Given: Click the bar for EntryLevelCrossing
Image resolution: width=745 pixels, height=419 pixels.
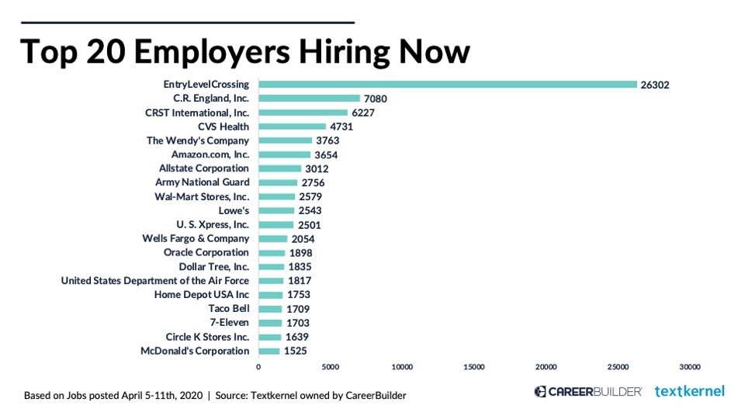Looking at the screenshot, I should click(448, 84).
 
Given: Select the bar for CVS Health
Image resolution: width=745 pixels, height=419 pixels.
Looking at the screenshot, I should click(293, 126).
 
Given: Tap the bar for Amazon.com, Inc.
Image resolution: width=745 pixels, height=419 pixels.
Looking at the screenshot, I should click(285, 154).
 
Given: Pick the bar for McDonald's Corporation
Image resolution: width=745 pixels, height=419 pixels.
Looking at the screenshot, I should click(269, 351).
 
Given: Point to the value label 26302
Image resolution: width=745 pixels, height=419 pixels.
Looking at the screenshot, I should click(655, 85).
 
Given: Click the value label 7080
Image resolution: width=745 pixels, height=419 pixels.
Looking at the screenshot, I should click(375, 99).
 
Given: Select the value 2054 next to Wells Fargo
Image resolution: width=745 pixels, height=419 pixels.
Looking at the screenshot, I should click(303, 239).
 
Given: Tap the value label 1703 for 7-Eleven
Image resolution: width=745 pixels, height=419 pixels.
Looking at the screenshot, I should click(297, 323).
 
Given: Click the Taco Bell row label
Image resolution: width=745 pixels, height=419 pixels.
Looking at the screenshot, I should click(229, 309).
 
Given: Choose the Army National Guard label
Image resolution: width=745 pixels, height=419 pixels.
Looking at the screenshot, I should click(203, 182).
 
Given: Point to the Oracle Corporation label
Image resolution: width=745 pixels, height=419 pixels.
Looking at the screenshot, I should click(206, 253).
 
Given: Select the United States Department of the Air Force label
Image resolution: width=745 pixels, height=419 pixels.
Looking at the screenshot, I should click(155, 281).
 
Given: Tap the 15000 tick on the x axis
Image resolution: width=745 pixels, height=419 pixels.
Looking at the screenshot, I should click(474, 366).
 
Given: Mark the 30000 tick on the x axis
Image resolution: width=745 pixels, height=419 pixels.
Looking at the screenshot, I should click(690, 366).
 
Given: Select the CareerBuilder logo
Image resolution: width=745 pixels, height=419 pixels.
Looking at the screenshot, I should click(587, 391).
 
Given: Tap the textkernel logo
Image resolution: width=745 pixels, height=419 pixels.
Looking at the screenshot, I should click(689, 391).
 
